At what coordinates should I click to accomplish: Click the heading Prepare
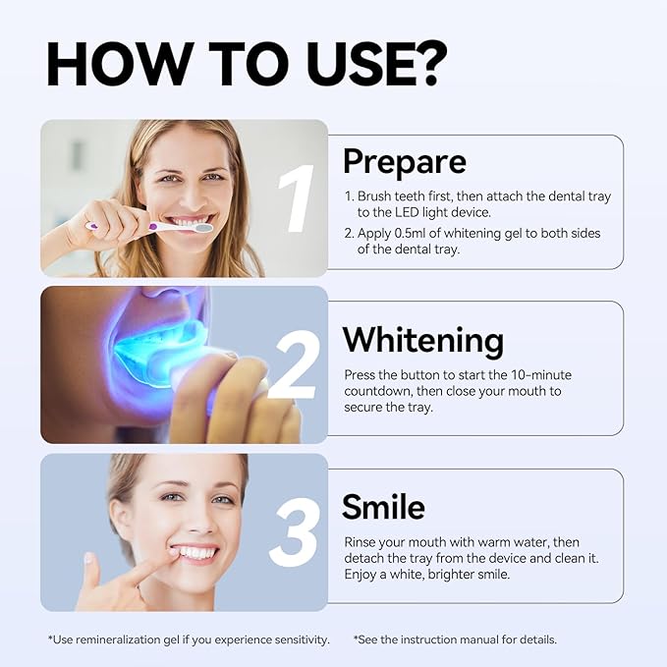404,161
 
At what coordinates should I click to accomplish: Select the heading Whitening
422,340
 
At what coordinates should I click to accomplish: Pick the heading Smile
383,507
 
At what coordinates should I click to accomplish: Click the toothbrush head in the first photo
203,227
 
